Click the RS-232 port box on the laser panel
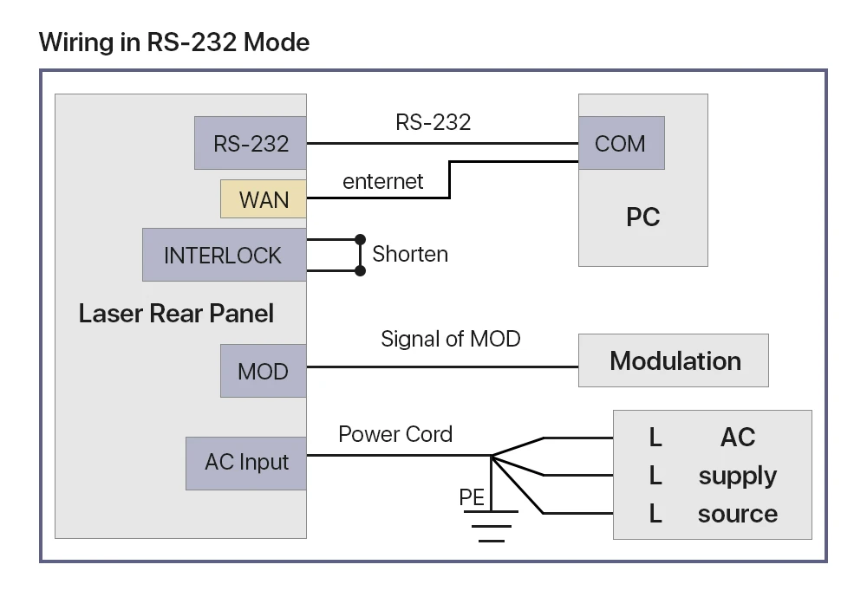(x=251, y=143)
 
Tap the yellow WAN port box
(x=264, y=199)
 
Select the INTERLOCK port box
(x=225, y=255)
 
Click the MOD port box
(x=264, y=371)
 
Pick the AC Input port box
(x=246, y=464)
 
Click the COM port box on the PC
(x=622, y=143)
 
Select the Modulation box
(x=674, y=360)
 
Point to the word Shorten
(x=410, y=254)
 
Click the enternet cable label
(x=382, y=181)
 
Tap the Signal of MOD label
(x=451, y=339)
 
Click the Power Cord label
(x=395, y=434)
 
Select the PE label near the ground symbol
(x=472, y=497)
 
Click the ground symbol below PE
(x=491, y=526)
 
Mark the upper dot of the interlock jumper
(x=360, y=239)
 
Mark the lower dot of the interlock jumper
(x=360, y=270)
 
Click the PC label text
(x=643, y=217)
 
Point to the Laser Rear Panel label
(x=176, y=314)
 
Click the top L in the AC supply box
(x=655, y=438)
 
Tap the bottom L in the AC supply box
(x=655, y=514)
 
